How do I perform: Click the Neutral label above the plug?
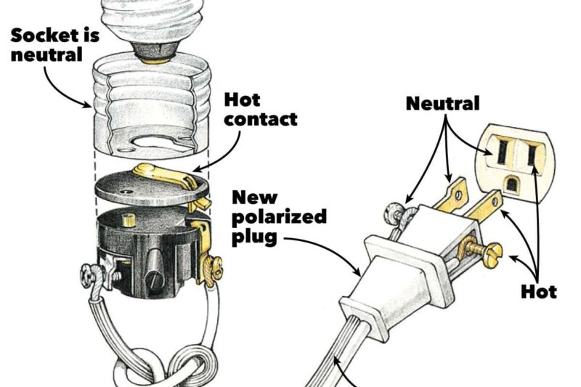click(442, 104)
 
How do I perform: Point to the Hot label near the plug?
click(538, 292)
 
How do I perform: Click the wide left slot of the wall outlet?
click(502, 152)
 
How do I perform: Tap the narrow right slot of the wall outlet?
click(532, 153)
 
